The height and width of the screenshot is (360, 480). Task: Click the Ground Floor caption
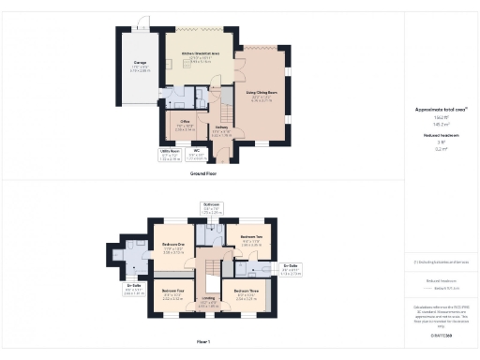coord(203,174)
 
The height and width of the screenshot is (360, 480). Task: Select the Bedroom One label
coord(172,247)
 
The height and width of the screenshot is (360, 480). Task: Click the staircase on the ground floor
coord(223,103)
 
